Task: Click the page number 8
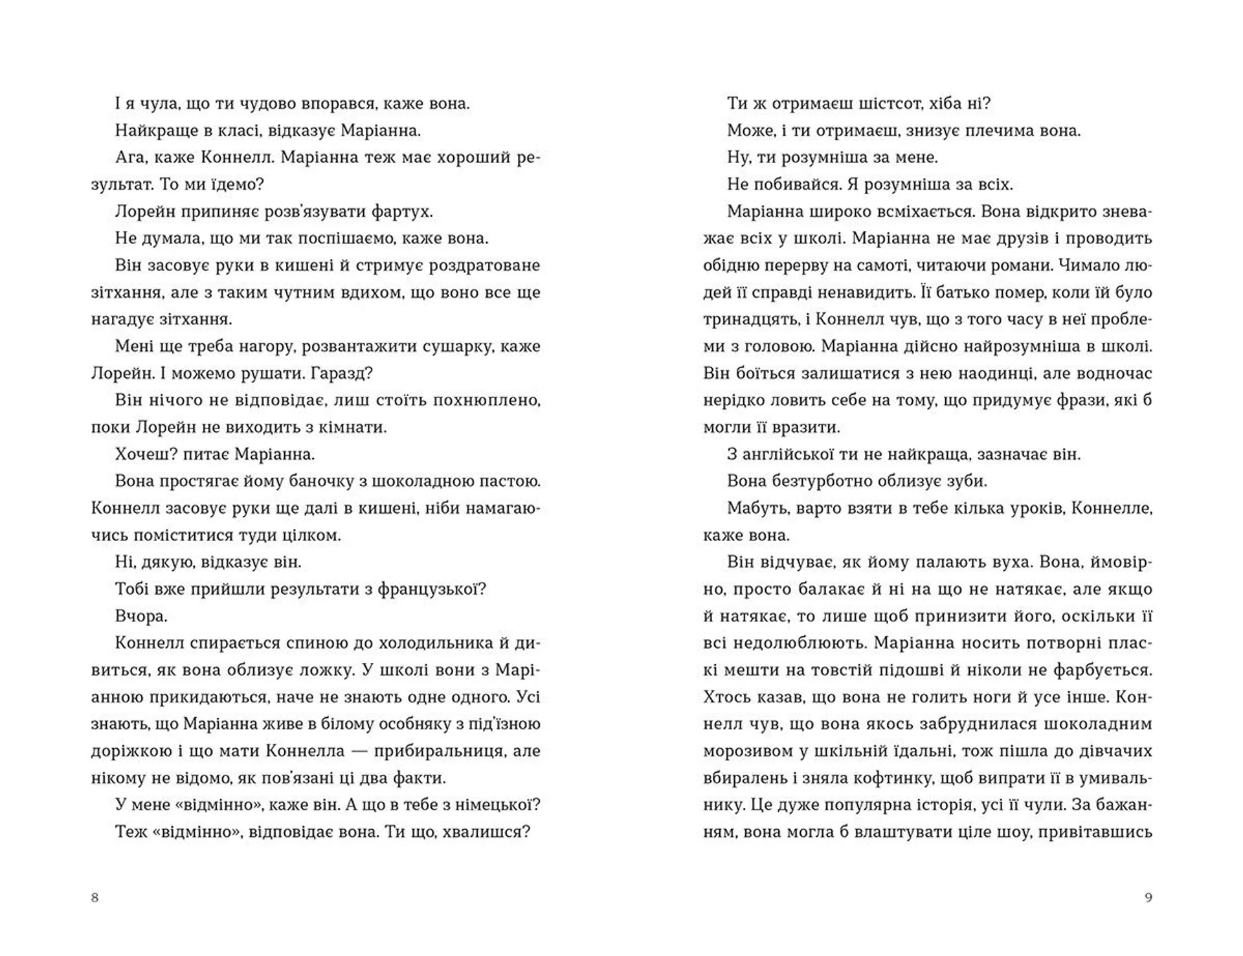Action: pyautogui.click(x=95, y=898)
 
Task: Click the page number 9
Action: pyautogui.click(x=1148, y=898)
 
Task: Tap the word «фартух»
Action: pyautogui.click(x=402, y=212)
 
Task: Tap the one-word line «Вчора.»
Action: pyautogui.click(x=141, y=616)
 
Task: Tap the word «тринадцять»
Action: pyautogui.click(x=751, y=320)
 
